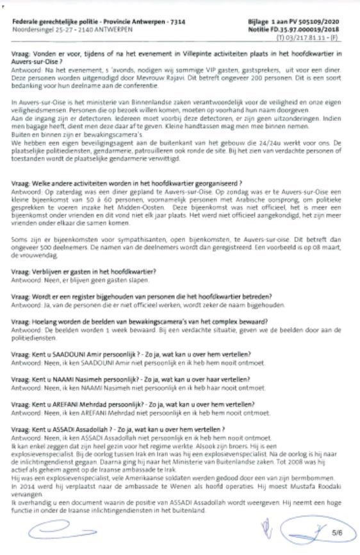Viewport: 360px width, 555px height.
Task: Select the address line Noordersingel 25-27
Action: point(39,29)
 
